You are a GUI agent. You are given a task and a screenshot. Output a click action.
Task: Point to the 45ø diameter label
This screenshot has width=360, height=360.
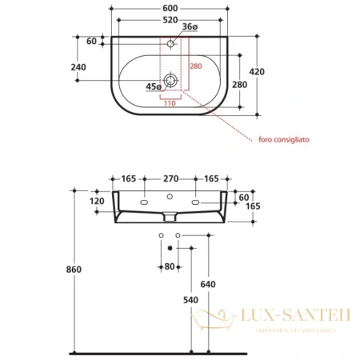coord(154,86)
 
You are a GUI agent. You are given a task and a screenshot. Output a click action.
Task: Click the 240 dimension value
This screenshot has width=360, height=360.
coord(78,68)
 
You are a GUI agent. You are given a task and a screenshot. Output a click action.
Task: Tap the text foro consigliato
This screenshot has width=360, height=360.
coord(284,138)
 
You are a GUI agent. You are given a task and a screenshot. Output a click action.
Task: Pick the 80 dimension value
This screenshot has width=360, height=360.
coord(170,266)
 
